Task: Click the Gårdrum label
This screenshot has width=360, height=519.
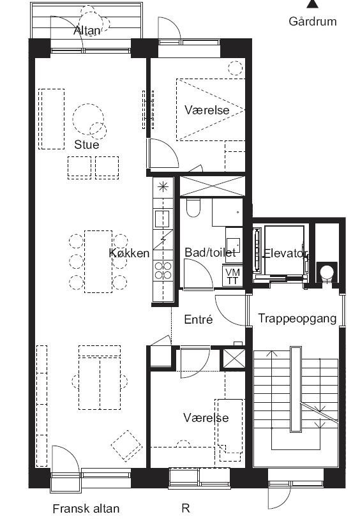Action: (312, 22)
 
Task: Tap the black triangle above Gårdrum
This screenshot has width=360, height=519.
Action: (312, 4)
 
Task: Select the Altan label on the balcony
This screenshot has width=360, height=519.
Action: (87, 31)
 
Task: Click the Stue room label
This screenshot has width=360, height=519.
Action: (87, 144)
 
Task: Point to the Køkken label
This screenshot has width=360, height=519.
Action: (129, 253)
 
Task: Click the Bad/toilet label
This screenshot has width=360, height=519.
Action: (210, 253)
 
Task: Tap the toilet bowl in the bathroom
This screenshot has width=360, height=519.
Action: (193, 207)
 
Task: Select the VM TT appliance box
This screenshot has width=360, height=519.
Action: (232, 276)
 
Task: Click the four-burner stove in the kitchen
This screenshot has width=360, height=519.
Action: (163, 270)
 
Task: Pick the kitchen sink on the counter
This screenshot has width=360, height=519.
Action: (162, 218)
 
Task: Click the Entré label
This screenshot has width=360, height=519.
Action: (199, 319)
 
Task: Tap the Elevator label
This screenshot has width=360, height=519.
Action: (285, 253)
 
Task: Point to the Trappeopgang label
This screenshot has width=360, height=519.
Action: (297, 319)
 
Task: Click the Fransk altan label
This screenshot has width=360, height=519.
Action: (86, 508)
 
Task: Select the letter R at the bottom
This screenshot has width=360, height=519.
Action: (186, 508)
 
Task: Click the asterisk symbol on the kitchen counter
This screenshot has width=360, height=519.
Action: (163, 187)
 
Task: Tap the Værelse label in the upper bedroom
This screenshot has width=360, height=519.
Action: (207, 110)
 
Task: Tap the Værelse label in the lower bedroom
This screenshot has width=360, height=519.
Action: (206, 417)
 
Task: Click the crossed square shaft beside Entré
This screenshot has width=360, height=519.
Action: (234, 359)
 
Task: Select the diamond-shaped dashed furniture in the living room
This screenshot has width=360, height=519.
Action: (127, 446)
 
